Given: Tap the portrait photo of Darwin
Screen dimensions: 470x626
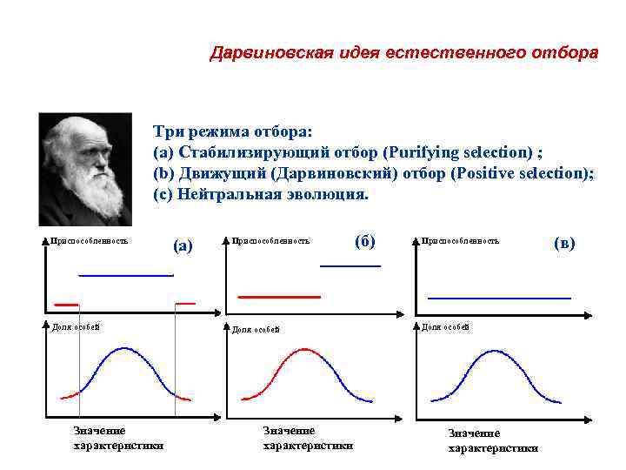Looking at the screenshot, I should pyautogui.click(x=86, y=169).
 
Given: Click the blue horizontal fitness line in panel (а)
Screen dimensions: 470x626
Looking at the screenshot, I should pyautogui.click(x=126, y=275).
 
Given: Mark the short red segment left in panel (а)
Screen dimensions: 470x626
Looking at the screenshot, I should pyautogui.click(x=66, y=304).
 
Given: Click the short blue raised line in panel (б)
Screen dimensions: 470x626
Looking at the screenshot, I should pyautogui.click(x=350, y=265).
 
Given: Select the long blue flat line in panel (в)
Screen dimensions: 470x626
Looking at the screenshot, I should pyautogui.click(x=499, y=298).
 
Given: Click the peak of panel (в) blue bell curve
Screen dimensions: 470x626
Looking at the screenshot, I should pyautogui.click(x=495, y=352).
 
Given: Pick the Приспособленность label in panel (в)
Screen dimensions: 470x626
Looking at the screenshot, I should pyautogui.click(x=460, y=240).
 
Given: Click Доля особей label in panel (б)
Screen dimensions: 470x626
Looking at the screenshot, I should pyautogui.click(x=256, y=329).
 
